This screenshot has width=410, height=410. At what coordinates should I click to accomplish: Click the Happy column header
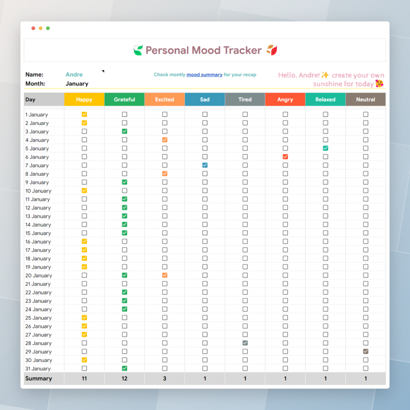pos(84,100)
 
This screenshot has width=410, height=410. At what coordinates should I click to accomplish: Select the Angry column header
pos(285,100)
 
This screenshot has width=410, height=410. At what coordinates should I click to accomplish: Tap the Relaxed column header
pos(325,100)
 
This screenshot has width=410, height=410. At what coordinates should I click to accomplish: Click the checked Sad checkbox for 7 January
pos(205,165)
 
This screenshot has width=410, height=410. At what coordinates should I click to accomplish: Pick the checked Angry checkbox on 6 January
pos(285,157)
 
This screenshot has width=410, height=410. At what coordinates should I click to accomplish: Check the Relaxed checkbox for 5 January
pos(326,148)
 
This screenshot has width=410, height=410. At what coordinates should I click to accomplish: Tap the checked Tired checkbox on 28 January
pos(245,343)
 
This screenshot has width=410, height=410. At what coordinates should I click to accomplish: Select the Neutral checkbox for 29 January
pos(366,351)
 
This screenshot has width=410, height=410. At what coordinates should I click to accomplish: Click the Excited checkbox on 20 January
pos(165,275)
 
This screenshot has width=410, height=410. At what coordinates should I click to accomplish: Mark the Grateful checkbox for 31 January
pos(124,368)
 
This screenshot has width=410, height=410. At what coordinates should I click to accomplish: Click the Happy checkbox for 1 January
pos(84,115)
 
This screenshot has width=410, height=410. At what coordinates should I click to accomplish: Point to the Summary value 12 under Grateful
pos(124,379)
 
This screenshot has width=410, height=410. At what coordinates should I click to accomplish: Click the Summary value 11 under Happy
pos(84,379)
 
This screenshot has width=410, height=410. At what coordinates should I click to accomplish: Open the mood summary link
pos(204,75)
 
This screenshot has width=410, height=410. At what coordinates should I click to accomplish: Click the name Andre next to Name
pos(74,75)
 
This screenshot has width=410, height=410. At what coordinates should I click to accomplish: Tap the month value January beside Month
pos(77,84)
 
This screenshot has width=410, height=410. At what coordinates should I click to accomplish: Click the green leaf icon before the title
pos(138,51)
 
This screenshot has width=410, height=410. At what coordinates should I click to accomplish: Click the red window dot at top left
pos(33,28)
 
